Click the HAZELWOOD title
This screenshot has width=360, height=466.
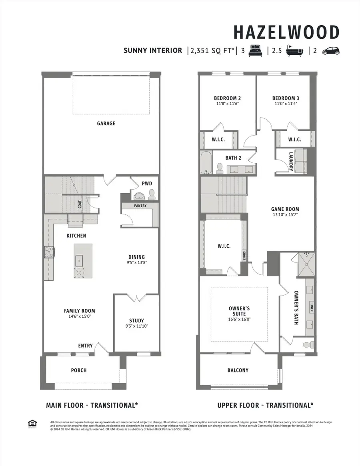coord(286,32)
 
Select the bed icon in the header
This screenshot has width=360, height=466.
coord(256,51)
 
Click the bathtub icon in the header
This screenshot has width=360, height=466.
coord(295,51)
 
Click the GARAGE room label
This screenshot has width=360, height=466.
coord(106,124)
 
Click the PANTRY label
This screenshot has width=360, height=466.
coord(140,206)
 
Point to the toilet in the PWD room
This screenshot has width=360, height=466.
coord(152,194)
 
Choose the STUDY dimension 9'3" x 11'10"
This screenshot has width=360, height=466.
coord(136,327)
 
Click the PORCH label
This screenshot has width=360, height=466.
coord(79,370)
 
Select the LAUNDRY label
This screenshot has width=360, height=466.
coord(291,162)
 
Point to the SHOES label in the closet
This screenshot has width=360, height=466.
coord(244,255)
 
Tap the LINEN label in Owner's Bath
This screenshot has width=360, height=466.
coord(312,307)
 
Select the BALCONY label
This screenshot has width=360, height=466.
coord(238,370)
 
